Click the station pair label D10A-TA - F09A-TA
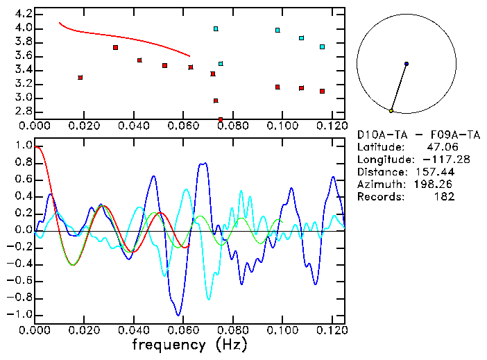pyautogui.click(x=418, y=134)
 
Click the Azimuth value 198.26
pyautogui.click(x=436, y=184)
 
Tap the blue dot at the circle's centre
pyautogui.click(x=407, y=64)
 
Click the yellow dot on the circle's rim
pyautogui.click(x=391, y=111)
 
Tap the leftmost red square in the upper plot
pyautogui.click(x=80, y=78)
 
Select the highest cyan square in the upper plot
pyautogui.click(x=216, y=29)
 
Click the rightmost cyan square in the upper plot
pyautogui.click(x=322, y=46)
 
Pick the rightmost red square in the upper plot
pyautogui.click(x=322, y=91)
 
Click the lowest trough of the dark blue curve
pyautogui.click(x=179, y=314)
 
